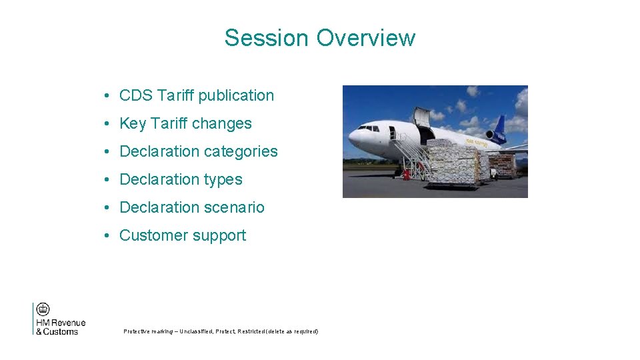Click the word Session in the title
tap(267, 38)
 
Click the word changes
tap(222, 123)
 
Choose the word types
tap(223, 180)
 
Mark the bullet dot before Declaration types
tap(107, 180)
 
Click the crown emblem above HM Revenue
tap(43, 309)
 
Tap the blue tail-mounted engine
tap(495, 137)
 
